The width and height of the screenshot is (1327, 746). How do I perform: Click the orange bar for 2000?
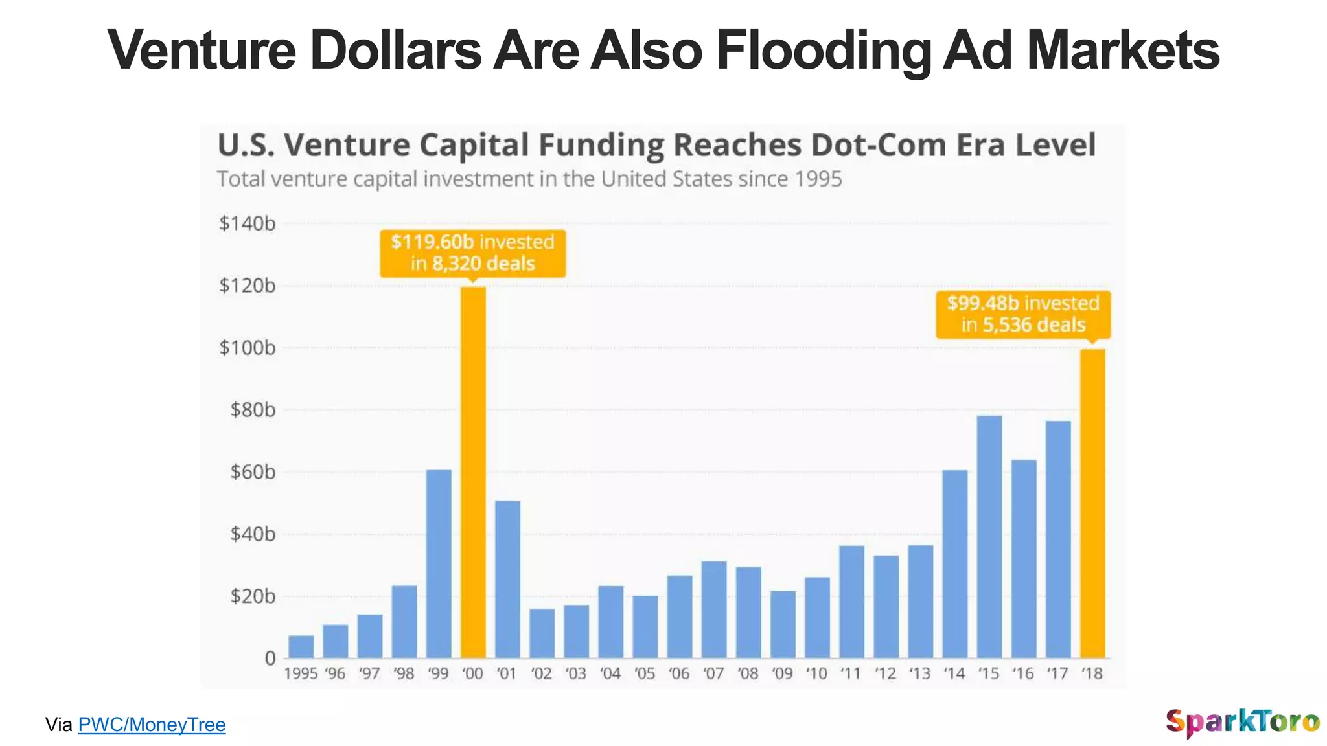(x=473, y=473)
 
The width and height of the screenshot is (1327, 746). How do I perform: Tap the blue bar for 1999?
(x=439, y=563)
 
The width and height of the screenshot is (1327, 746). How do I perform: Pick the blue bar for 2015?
(x=989, y=537)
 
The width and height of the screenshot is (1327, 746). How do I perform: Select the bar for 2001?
(x=507, y=579)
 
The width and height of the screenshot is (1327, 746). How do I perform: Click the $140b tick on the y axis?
(x=247, y=223)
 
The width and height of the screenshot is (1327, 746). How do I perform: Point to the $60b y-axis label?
(x=253, y=472)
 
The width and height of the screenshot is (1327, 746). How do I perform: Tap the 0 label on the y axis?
(x=270, y=658)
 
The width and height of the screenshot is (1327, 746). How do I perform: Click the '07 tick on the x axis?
(x=713, y=674)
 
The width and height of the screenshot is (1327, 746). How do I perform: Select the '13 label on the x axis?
(x=920, y=674)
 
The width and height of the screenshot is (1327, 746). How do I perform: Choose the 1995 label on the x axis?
(x=301, y=674)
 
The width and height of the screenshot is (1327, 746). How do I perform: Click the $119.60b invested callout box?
(x=472, y=253)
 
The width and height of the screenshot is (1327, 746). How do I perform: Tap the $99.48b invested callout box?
(x=1023, y=314)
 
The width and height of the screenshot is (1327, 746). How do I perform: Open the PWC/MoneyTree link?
(x=152, y=725)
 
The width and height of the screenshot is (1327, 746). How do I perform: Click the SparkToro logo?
(x=1242, y=722)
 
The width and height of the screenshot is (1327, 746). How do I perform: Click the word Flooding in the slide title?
(x=823, y=51)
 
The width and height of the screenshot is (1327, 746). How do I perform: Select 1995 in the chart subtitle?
(x=818, y=179)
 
